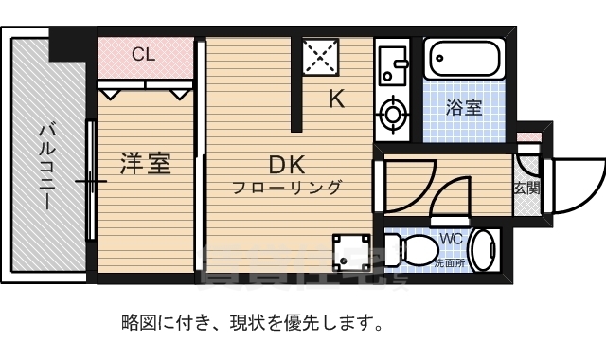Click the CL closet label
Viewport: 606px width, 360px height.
tap(143, 54)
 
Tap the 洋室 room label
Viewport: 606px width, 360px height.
tap(145, 164)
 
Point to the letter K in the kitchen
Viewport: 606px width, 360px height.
tap(336, 99)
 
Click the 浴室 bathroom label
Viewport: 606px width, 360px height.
tap(464, 107)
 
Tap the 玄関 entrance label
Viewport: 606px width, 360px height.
tap(526, 188)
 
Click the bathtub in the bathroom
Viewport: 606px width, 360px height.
tap(463, 62)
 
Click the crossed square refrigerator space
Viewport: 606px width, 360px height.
tap(322, 58)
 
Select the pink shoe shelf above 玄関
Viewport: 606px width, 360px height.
tap(527, 137)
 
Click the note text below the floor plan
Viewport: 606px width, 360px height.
tap(251, 323)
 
